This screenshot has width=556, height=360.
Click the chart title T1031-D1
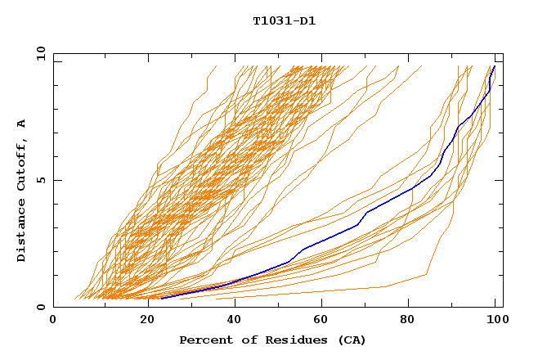click(284, 21)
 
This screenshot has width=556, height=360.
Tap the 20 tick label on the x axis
click(142, 320)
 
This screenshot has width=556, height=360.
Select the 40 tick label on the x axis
click(231, 320)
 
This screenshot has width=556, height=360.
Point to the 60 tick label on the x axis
click(320, 320)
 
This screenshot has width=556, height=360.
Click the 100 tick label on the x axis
click(495, 320)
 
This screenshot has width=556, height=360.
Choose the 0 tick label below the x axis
click(53, 320)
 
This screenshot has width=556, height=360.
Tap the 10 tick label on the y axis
click(39, 53)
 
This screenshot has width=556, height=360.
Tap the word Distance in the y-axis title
click(22, 230)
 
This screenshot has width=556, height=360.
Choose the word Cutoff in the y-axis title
click(22, 162)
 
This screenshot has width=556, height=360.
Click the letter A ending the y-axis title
click(22, 124)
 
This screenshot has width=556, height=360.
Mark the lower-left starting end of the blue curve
click(161, 298)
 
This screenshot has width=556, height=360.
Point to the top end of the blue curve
click(495, 66)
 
